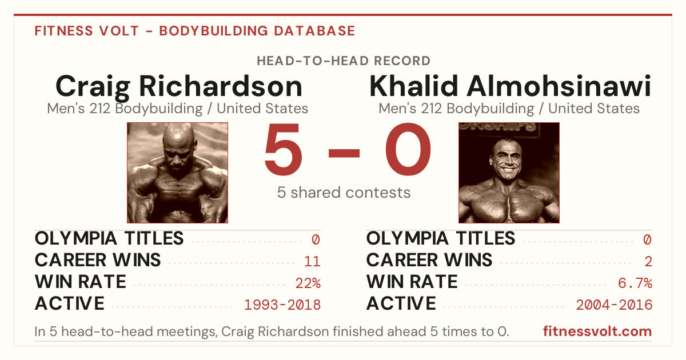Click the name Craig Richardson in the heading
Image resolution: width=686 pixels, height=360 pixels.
[x=179, y=87]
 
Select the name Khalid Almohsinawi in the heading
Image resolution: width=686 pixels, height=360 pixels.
[x=510, y=86]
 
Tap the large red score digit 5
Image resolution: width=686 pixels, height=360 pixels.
[x=284, y=149]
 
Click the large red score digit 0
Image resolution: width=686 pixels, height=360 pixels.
[x=408, y=149]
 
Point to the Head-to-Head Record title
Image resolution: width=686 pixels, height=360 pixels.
[x=344, y=61]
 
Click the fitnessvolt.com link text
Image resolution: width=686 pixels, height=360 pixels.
[x=597, y=331]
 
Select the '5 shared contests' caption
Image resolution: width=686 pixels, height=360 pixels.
[x=344, y=193]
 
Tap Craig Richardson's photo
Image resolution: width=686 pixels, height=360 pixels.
[x=177, y=173]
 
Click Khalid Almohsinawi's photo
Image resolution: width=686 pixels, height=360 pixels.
[x=509, y=173]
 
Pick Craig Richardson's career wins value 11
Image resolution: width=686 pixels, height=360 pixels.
[x=312, y=262]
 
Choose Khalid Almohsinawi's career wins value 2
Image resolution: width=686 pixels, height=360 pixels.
[x=648, y=262]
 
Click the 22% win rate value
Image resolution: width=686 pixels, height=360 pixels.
[x=308, y=283]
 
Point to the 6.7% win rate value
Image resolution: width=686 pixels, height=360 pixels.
[x=635, y=283]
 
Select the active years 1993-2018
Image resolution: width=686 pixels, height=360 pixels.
[x=282, y=305]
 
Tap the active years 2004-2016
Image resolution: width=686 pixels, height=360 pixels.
[x=614, y=305]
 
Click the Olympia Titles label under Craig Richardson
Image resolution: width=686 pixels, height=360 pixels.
[x=109, y=238]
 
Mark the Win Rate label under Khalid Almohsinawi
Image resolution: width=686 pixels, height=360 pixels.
[x=412, y=282]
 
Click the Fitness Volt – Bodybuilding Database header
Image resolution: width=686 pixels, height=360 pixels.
[x=195, y=31]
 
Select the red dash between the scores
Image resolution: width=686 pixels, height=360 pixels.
[x=344, y=153]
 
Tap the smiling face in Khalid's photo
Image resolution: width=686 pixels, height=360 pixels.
[x=507, y=160]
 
